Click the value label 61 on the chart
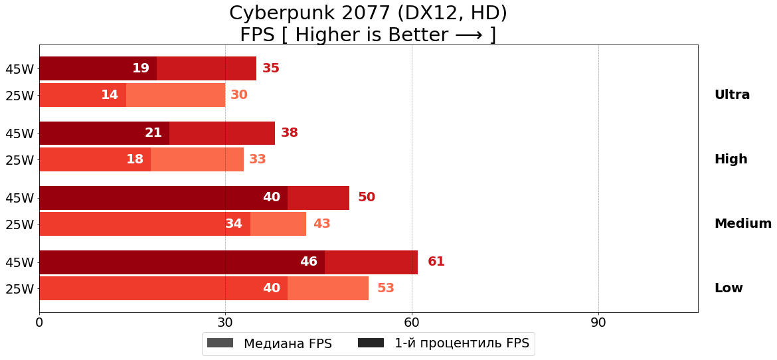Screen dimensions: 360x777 [436, 262]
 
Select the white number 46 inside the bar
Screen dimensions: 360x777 [308, 262]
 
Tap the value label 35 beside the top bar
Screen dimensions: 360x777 [270, 68]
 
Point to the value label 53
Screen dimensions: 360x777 [385, 288]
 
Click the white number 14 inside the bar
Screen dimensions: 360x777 [109, 95]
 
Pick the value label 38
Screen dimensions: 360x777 [289, 133]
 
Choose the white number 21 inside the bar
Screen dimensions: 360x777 [153, 133]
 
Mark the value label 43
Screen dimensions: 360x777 [321, 224]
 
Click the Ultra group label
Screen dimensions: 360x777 [731, 95]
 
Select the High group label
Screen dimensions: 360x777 [731, 159]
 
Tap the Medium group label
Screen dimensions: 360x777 [742, 224]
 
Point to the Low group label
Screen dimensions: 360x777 [728, 288]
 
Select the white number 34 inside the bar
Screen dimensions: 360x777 [233, 224]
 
